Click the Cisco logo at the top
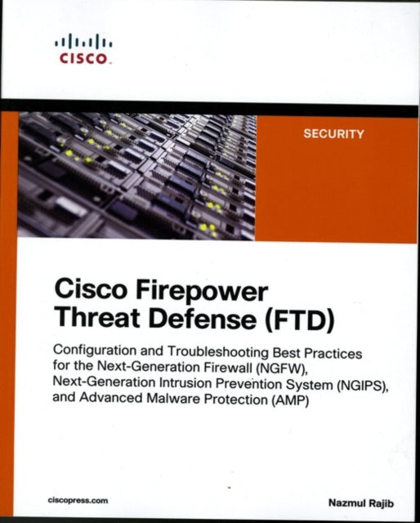coord(83,50)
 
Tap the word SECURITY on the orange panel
coord(333,135)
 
